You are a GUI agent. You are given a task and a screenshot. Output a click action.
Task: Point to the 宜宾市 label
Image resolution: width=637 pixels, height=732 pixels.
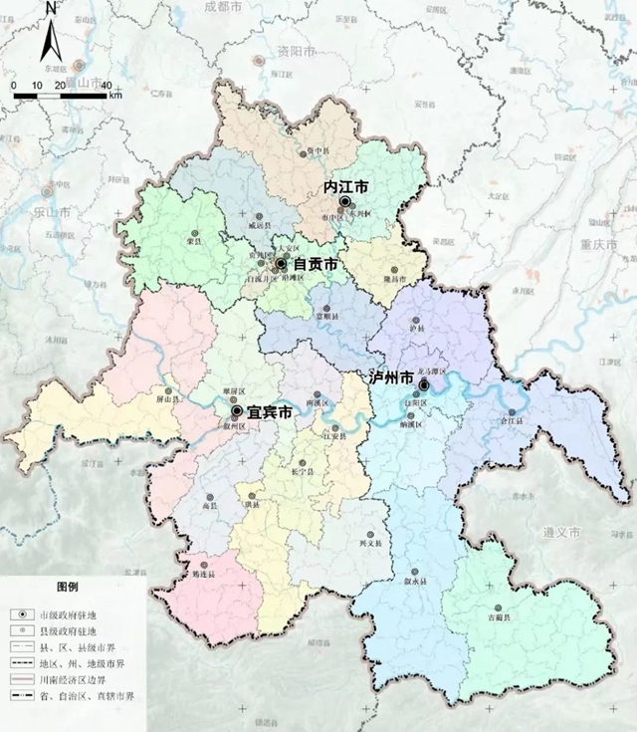[x=270, y=411]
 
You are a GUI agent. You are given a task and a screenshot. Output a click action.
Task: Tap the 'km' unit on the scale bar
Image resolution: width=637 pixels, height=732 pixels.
[x=116, y=96]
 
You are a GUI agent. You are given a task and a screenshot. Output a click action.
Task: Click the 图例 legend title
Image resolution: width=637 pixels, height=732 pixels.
[x=68, y=586]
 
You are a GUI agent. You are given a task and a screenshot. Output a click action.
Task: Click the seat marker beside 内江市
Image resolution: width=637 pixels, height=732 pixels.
[x=344, y=202]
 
